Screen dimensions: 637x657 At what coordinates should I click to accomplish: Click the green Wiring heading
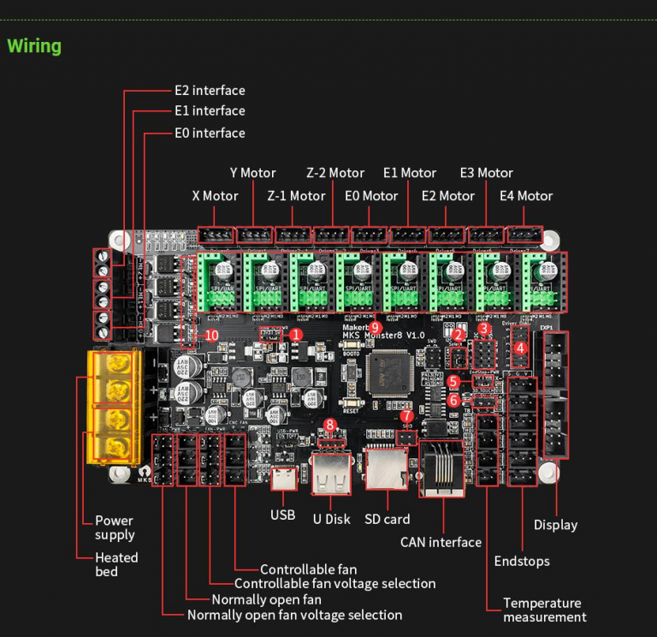[x=34, y=45]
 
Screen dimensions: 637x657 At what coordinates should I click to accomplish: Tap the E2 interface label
[x=210, y=90]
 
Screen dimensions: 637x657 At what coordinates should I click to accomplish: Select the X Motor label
[x=215, y=196]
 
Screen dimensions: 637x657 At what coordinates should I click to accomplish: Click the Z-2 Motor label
[x=335, y=173]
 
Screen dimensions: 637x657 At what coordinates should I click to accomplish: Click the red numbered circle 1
[x=296, y=335]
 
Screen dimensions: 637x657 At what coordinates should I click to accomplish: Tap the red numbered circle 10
[x=211, y=336]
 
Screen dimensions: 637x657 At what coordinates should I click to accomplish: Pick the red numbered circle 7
[x=407, y=416]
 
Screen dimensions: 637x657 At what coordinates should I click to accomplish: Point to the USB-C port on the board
[x=282, y=479]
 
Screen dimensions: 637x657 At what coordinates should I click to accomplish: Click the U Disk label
[x=331, y=519]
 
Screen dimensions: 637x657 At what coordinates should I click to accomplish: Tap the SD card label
[x=387, y=519]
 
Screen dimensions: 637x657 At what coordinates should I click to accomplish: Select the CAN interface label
[x=441, y=542]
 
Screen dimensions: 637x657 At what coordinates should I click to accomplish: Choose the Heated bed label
[x=116, y=564]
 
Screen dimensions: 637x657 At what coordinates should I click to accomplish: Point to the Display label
[x=555, y=525]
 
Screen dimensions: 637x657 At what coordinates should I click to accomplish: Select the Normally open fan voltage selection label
[x=294, y=615]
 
